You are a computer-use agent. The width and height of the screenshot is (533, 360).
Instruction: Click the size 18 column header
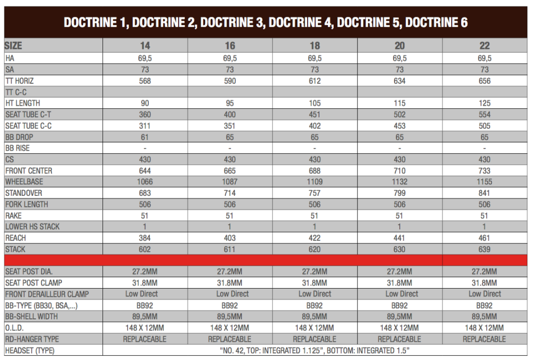point(315,46)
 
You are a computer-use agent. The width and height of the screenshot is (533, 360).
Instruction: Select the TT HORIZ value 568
point(145,81)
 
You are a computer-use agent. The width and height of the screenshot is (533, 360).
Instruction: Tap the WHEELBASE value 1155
point(485,182)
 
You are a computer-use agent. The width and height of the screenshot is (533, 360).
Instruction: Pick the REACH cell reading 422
point(315,238)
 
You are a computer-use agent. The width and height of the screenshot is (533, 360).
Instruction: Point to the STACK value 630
point(400,249)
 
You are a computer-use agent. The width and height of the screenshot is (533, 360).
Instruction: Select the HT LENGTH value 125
point(485,103)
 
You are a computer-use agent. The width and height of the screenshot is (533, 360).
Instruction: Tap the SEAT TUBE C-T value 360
point(145,115)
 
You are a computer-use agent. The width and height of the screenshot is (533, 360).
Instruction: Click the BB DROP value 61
point(145,137)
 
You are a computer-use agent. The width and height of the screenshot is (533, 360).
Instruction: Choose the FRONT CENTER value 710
point(400,170)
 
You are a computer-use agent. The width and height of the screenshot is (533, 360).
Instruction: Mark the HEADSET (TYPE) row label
point(30,350)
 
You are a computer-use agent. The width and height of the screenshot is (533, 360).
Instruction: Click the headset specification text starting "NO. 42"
point(315,350)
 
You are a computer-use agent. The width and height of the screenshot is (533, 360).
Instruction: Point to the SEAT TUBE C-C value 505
point(485,126)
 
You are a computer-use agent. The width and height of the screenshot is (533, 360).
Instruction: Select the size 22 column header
point(485,46)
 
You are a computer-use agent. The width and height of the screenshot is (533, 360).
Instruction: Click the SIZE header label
point(14,45)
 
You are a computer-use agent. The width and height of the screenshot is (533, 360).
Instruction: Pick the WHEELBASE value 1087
point(230,182)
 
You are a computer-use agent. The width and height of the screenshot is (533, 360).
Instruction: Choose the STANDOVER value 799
point(400,193)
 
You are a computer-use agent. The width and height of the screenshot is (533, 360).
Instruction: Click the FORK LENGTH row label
point(27,204)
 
